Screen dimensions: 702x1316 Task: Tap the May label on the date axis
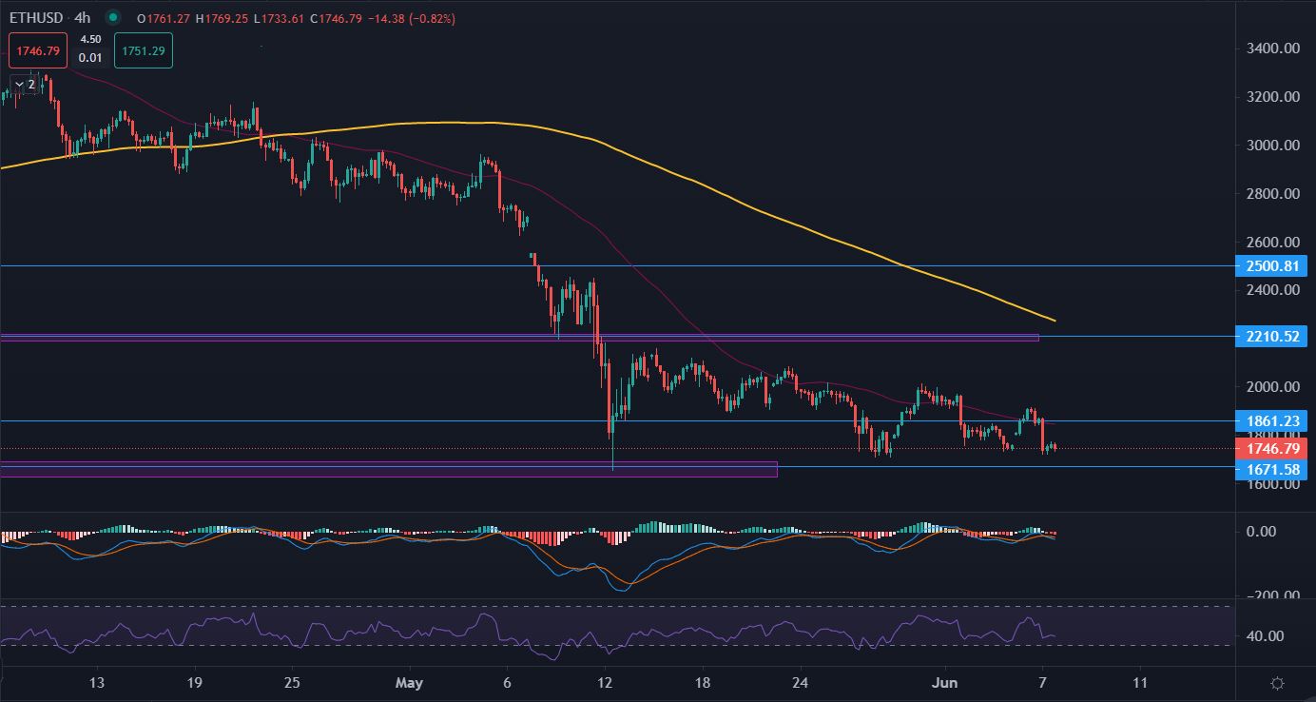click(x=410, y=683)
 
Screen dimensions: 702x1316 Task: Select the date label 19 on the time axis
click(x=194, y=683)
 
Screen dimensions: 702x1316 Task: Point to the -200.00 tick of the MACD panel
click(x=1271, y=595)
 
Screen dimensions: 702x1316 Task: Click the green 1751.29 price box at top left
click(x=143, y=50)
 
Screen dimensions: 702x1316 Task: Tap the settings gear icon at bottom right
click(x=1277, y=683)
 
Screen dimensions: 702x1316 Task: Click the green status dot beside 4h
click(x=114, y=17)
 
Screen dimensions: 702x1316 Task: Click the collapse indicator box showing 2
click(x=25, y=84)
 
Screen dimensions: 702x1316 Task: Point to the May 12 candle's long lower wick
click(x=613, y=452)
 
